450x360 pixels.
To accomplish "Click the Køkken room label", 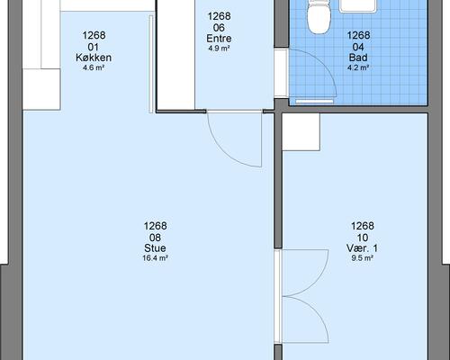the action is [94, 58].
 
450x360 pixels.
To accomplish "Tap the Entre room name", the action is [219, 39].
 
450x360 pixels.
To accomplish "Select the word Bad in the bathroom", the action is [358, 58].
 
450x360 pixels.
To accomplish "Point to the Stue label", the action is [155, 248].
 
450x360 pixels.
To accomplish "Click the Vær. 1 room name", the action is [362, 248].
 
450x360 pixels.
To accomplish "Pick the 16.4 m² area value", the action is [155, 258].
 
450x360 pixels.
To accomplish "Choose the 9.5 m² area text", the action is [362, 258].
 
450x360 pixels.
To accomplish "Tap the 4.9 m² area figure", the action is [219, 48].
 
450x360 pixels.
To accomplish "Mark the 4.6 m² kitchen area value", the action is [94, 67].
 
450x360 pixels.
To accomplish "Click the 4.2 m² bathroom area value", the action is [358, 67].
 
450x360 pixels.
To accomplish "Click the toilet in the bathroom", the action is [319, 16].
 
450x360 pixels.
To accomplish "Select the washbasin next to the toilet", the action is [358, 6].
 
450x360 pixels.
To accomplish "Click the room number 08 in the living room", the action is [155, 238].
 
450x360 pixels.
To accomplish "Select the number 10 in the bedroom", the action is [362, 238].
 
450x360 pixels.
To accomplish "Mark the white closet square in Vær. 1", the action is [301, 132].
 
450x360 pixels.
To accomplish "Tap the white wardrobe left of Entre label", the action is [176, 55].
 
